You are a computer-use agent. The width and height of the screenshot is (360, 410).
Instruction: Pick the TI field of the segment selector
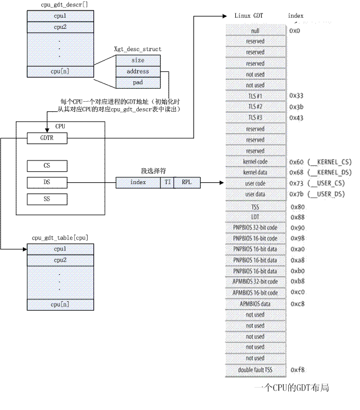pos(168,183)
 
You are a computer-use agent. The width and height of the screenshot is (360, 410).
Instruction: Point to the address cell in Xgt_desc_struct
pos(137,71)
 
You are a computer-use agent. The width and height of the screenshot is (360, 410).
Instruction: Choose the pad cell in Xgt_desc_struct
pos(137,82)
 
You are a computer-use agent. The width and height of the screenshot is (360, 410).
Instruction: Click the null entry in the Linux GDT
pos(255,31)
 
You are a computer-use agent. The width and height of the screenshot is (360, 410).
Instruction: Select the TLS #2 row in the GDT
pos(255,106)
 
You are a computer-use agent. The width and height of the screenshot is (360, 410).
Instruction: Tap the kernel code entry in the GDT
pos(255,161)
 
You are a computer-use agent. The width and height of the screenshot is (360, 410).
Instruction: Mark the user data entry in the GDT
pos(255,194)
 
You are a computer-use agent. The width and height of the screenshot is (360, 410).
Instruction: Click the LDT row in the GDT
pos(255,216)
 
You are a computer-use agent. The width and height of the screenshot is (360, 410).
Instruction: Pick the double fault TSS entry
pos(255,369)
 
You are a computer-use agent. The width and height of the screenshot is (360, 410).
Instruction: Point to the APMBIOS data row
pos(255,304)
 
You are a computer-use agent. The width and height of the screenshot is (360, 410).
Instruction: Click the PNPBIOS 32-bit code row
pos(255,227)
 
